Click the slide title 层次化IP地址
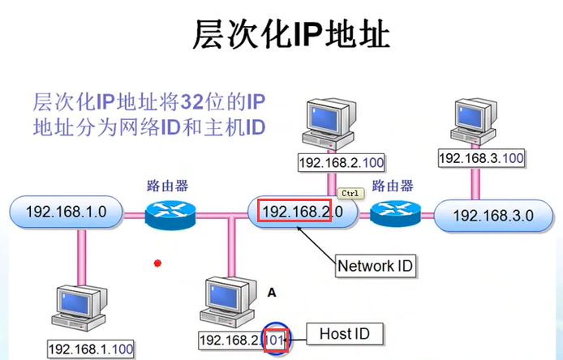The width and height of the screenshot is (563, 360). [x=291, y=34]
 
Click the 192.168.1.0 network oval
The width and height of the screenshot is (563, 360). [x=66, y=212]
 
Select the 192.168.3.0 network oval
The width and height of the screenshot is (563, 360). [x=493, y=216]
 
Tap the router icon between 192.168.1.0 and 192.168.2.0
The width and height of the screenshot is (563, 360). [x=170, y=215]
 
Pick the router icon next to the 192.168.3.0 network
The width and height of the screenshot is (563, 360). [x=395, y=213]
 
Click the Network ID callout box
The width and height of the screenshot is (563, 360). [x=376, y=266]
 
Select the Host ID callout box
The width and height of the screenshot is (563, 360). [x=344, y=334]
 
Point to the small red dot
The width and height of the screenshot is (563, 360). [x=157, y=264]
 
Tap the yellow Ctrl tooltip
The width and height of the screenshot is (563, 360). [x=350, y=194]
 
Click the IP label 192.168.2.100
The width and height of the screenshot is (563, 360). [x=342, y=163]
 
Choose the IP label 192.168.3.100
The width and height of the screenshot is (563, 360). [x=482, y=158]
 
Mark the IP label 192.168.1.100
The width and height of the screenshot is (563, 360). [x=91, y=349]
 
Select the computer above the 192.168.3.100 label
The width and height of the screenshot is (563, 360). [x=474, y=122]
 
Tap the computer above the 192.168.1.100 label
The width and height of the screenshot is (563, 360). [x=80, y=308]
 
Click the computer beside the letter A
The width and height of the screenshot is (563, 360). [x=228, y=302]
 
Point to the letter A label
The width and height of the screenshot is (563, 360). [x=272, y=293]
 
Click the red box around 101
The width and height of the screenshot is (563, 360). [x=276, y=341]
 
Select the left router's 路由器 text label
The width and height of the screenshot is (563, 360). [x=168, y=186]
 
